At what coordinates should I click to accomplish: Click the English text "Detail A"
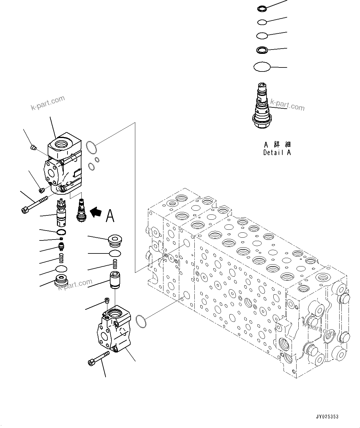pos(277,152)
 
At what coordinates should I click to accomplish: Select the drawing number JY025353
pos(327,417)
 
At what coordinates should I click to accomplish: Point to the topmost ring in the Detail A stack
pos(261,9)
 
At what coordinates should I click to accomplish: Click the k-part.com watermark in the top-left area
pos(48,103)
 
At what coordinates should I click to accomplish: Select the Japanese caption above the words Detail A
pos(277,145)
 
